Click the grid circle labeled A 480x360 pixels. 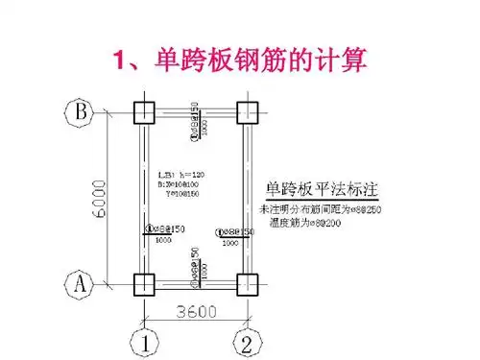[80, 284]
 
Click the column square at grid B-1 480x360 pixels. [142, 111]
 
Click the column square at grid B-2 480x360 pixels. [246, 111]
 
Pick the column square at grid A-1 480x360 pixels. [142, 284]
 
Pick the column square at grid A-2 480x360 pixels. [246, 284]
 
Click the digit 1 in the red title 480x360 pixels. [120, 62]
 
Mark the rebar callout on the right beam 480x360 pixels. [233, 232]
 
